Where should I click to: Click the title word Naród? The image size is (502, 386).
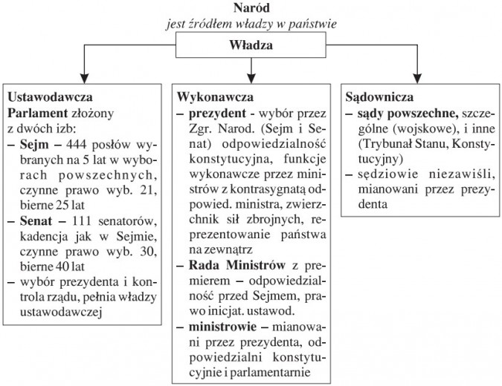point(251,8)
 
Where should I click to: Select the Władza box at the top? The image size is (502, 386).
point(251,46)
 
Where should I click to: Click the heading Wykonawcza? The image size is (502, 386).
point(216,98)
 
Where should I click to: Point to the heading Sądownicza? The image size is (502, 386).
point(381,98)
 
